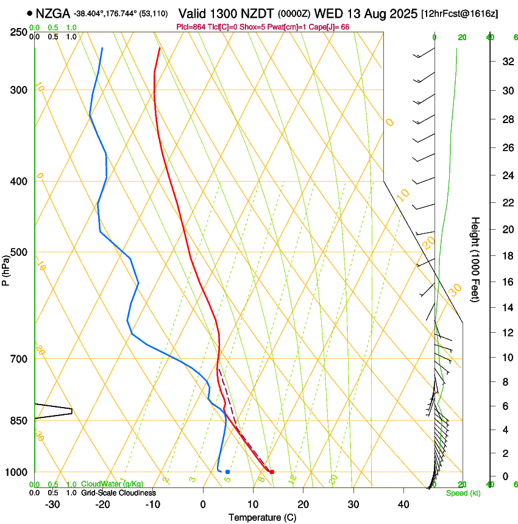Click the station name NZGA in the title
pyautogui.click(x=53, y=13)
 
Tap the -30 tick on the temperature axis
pyautogui.click(x=52, y=504)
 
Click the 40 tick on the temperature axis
pyautogui.click(x=403, y=504)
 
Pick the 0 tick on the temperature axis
pyautogui.click(x=203, y=504)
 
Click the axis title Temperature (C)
pyautogui.click(x=261, y=517)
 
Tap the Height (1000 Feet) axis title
pyautogui.click(x=475, y=259)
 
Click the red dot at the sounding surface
pyautogui.click(x=272, y=472)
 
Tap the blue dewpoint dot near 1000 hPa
pyautogui.click(x=227, y=472)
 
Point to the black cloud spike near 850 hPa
pyautogui.click(x=71, y=411)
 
